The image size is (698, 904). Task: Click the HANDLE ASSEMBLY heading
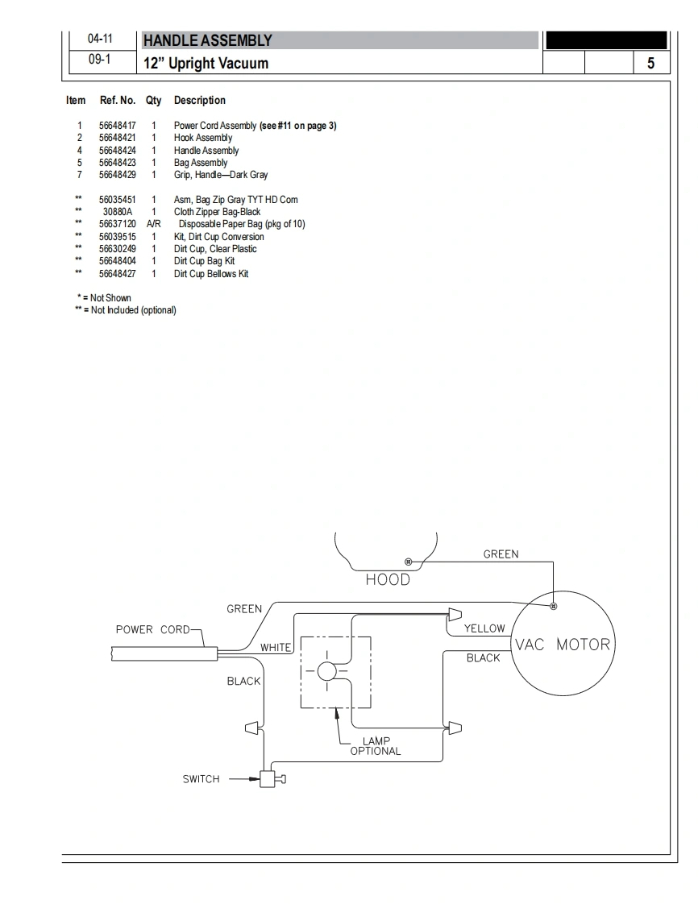(207, 40)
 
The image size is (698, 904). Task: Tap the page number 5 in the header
(650, 63)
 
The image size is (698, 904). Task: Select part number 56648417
(117, 126)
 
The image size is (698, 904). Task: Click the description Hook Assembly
(203, 138)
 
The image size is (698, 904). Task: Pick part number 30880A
(117, 212)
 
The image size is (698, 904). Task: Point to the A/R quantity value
(154, 224)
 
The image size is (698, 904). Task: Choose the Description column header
(199, 101)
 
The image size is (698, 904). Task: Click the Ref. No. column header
(117, 101)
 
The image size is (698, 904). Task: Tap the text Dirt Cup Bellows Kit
(211, 274)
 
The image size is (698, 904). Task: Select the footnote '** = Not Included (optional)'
(125, 310)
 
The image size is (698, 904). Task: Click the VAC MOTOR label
(563, 645)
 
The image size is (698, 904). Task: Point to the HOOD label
(388, 579)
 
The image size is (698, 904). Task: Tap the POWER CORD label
(153, 629)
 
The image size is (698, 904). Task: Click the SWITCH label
(201, 779)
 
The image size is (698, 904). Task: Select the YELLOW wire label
(484, 628)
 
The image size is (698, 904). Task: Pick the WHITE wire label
(276, 648)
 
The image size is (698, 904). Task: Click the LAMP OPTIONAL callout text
(376, 746)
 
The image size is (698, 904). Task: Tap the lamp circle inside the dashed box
(327, 671)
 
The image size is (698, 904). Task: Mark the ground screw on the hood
(408, 562)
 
